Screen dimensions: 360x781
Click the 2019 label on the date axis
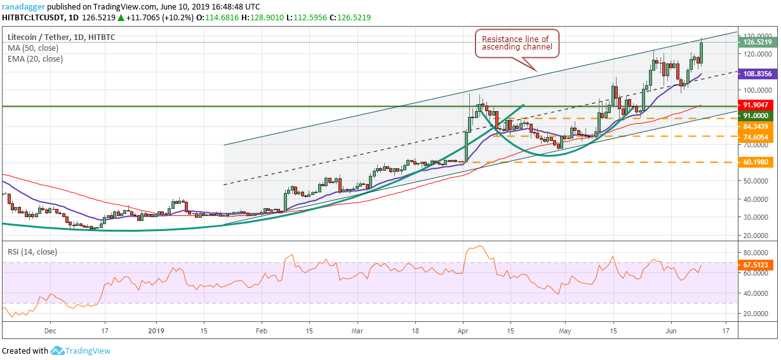point(156,330)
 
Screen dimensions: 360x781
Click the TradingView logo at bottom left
point(81,350)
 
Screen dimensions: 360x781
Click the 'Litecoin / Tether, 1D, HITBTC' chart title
point(61,37)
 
